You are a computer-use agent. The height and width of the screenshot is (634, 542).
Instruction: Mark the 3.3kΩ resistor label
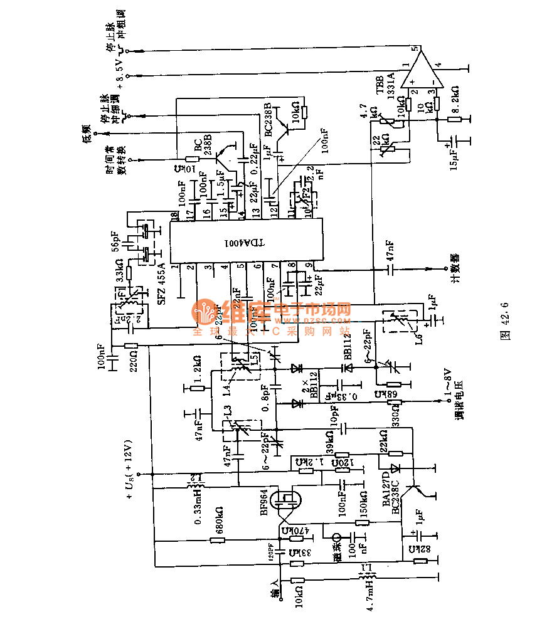click(x=115, y=274)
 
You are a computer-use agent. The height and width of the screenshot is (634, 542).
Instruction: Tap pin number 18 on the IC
click(x=173, y=215)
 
